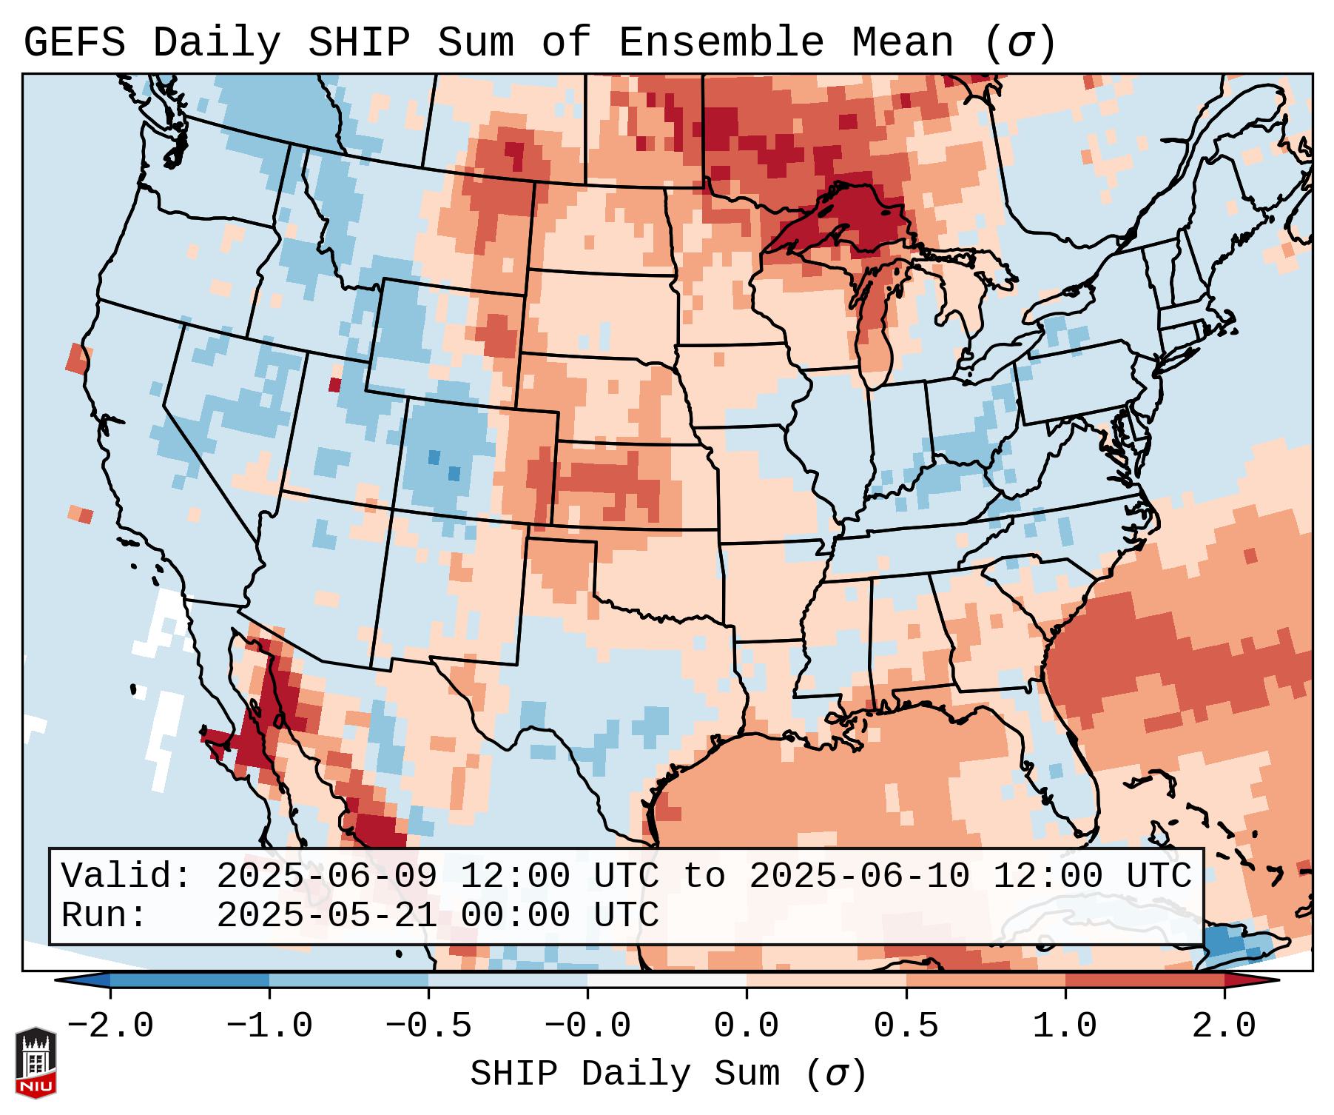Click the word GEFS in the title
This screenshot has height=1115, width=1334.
pos(74,43)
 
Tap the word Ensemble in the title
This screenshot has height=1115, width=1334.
pos(721,43)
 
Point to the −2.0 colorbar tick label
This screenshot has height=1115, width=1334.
pos(110,1026)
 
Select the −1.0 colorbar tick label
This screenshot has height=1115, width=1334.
pos(269,1026)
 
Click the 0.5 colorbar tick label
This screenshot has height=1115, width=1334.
pos(906,1026)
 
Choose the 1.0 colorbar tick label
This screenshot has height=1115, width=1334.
pos(1065,1026)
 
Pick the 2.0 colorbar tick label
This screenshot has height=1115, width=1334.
pos(1224,1026)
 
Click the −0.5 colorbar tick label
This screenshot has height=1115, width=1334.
pos(428,1026)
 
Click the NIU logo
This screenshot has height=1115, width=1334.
pos(36,1062)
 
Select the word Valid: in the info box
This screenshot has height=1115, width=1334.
pos(127,877)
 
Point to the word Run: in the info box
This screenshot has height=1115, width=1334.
pos(104,916)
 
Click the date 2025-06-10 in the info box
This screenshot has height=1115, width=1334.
pos(859,877)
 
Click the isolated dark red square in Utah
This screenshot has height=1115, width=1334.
pos(334,384)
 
